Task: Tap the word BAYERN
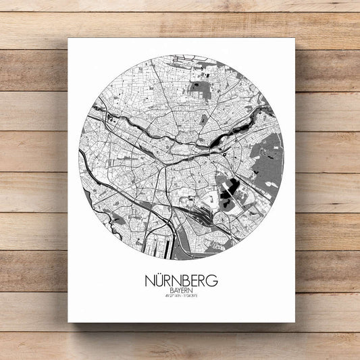181,288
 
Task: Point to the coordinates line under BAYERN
181,295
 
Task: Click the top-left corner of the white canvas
69,38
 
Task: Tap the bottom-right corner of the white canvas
294,322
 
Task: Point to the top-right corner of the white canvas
294,38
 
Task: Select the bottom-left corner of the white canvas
69,322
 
